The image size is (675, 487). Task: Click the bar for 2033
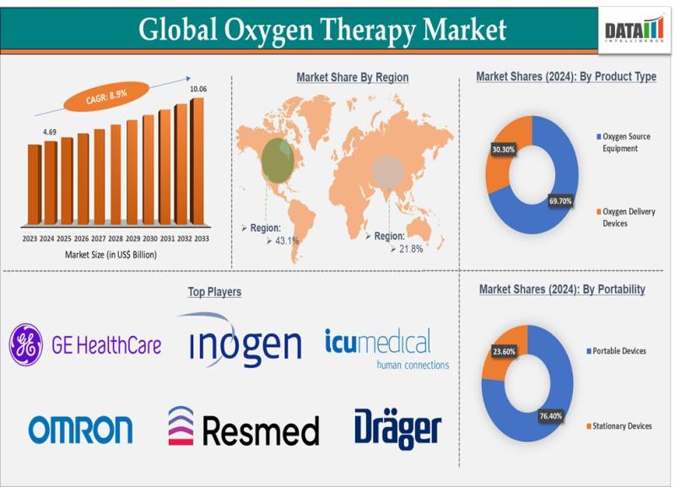click(197, 161)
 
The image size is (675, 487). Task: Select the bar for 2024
click(51, 182)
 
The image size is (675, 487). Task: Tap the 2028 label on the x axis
click(116, 239)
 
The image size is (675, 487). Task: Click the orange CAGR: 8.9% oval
click(106, 96)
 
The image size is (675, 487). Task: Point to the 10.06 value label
click(198, 89)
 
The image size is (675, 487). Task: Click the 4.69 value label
click(50, 132)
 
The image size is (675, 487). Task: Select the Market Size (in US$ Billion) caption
click(111, 255)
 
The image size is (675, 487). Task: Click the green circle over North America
click(278, 160)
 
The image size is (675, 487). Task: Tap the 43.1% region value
click(287, 241)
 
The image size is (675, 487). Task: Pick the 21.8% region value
click(411, 248)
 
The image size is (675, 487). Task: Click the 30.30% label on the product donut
click(504, 149)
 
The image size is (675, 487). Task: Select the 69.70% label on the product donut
click(560, 201)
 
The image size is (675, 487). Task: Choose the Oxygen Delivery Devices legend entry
click(625, 218)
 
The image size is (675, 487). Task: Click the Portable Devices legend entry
click(616, 351)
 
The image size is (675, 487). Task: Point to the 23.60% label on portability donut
click(504, 351)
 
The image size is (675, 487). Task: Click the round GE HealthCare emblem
click(26, 345)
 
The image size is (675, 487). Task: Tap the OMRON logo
click(80, 430)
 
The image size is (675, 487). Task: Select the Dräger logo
click(398, 429)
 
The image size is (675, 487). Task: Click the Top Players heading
click(214, 291)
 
